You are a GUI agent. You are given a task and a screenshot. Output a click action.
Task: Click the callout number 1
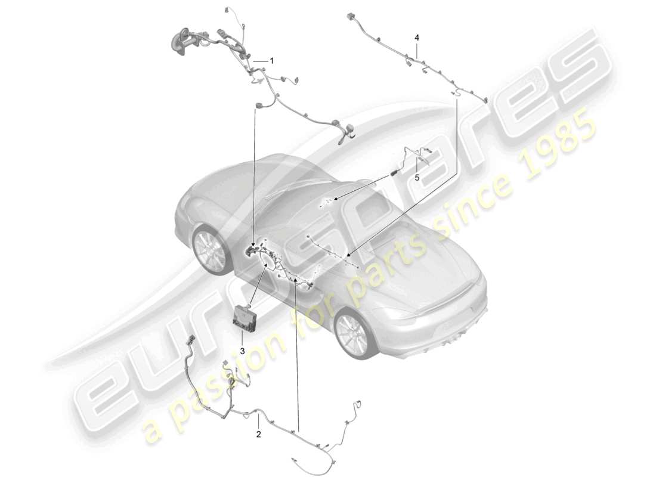pyautogui.click(x=271, y=61)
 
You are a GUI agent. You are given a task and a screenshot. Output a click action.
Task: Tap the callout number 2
pyautogui.click(x=258, y=435)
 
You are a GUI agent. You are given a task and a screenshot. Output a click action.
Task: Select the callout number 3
pyautogui.click(x=243, y=351)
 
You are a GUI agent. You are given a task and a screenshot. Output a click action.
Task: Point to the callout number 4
pyautogui.click(x=417, y=38)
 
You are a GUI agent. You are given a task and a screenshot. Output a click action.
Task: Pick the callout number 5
pyautogui.click(x=417, y=178)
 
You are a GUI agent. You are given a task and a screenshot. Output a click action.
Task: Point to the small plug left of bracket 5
pyautogui.click(x=394, y=173)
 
